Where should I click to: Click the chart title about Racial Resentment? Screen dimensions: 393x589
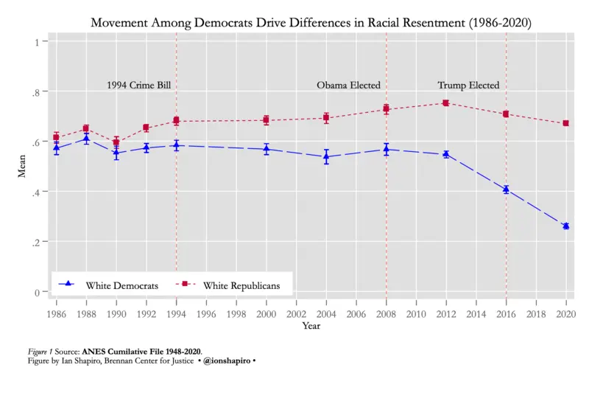[310, 24]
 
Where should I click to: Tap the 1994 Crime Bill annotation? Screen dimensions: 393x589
[138, 86]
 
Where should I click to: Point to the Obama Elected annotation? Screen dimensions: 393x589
[348, 86]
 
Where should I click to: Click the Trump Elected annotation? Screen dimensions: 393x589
[468, 86]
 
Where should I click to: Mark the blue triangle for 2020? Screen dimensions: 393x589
[566, 226]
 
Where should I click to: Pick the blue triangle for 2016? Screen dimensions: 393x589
[506, 189]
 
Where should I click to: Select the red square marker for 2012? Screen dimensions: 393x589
[445, 103]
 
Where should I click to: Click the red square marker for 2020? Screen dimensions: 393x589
[566, 123]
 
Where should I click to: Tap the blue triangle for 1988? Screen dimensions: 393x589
[86, 138]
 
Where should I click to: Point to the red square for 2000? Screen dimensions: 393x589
[266, 120]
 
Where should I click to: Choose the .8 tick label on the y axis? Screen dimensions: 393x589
[34, 91]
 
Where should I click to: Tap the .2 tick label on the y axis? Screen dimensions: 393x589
[34, 242]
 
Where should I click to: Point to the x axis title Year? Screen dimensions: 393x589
[311, 326]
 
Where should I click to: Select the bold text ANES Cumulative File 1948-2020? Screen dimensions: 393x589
[141, 351]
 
